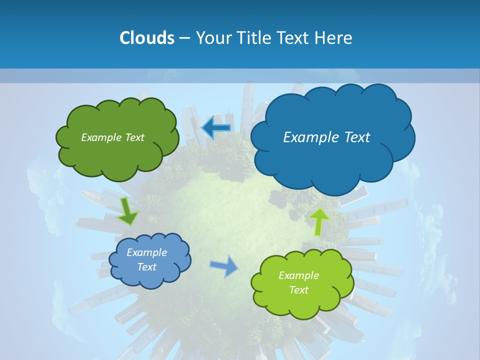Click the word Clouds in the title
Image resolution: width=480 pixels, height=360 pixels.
tap(147, 38)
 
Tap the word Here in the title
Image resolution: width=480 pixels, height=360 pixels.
tap(335, 38)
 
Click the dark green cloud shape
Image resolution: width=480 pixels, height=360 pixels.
tap(117, 155)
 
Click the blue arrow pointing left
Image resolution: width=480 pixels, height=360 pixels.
tap(216, 127)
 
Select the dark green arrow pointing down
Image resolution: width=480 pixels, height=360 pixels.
tap(128, 212)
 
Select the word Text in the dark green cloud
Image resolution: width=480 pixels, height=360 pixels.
tap(133, 137)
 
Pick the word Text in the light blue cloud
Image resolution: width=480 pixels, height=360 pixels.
tap(146, 267)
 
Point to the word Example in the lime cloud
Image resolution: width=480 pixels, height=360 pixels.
tap(298, 275)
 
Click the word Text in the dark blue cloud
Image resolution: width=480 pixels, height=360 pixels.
tap(357, 137)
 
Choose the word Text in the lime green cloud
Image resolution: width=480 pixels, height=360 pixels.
tap(298, 290)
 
